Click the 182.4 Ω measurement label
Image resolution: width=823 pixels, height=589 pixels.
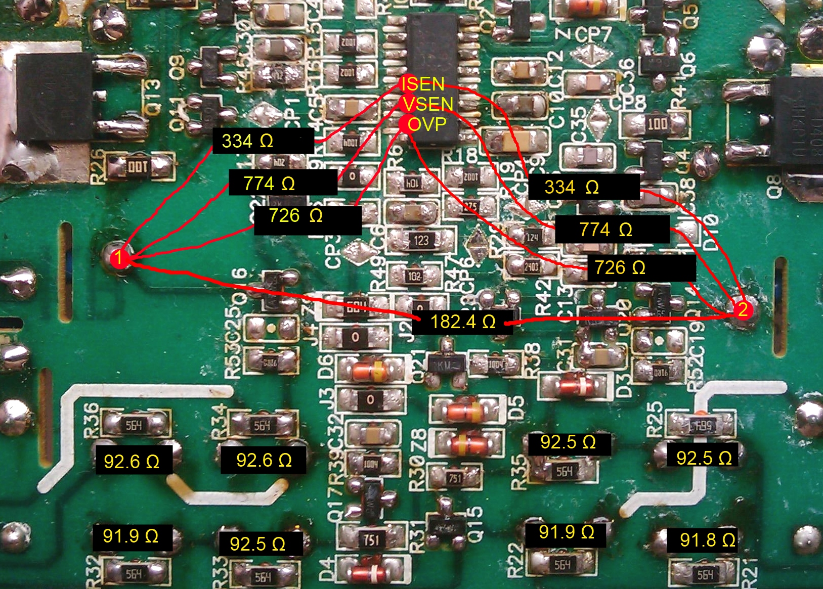[x=462, y=322]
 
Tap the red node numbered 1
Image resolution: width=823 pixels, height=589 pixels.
[x=119, y=258]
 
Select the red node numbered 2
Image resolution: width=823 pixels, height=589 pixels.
[x=742, y=309]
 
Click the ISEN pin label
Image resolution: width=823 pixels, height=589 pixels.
[x=422, y=84]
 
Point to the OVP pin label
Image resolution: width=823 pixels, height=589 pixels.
[x=426, y=124]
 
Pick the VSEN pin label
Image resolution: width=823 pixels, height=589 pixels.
[x=427, y=104]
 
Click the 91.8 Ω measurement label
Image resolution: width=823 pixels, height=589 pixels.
[x=707, y=540]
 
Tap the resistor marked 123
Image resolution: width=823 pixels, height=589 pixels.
[x=421, y=240]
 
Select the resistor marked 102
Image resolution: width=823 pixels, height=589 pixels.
[x=414, y=277]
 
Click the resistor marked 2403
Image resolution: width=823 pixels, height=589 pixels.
[x=531, y=266]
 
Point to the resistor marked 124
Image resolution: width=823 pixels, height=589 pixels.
[x=532, y=237]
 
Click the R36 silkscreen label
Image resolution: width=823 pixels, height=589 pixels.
[x=91, y=418]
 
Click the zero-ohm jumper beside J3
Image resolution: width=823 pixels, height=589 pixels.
[x=370, y=400]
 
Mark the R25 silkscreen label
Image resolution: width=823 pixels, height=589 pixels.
[x=655, y=419]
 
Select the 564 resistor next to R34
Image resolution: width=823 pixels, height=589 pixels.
[x=262, y=426]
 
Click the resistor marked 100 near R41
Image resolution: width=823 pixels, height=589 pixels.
[x=657, y=123]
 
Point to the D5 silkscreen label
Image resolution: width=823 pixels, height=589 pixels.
[x=515, y=409]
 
